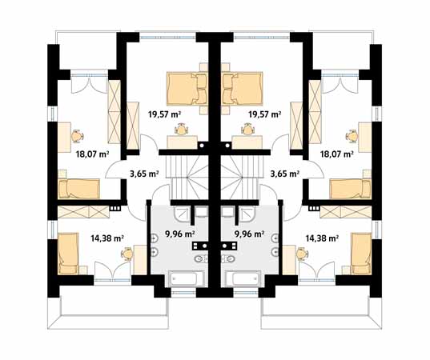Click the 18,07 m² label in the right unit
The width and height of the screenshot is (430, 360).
point(337,156)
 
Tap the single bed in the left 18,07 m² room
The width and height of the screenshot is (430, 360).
point(78,189)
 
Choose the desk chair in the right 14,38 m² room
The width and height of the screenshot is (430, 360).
point(302,252)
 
